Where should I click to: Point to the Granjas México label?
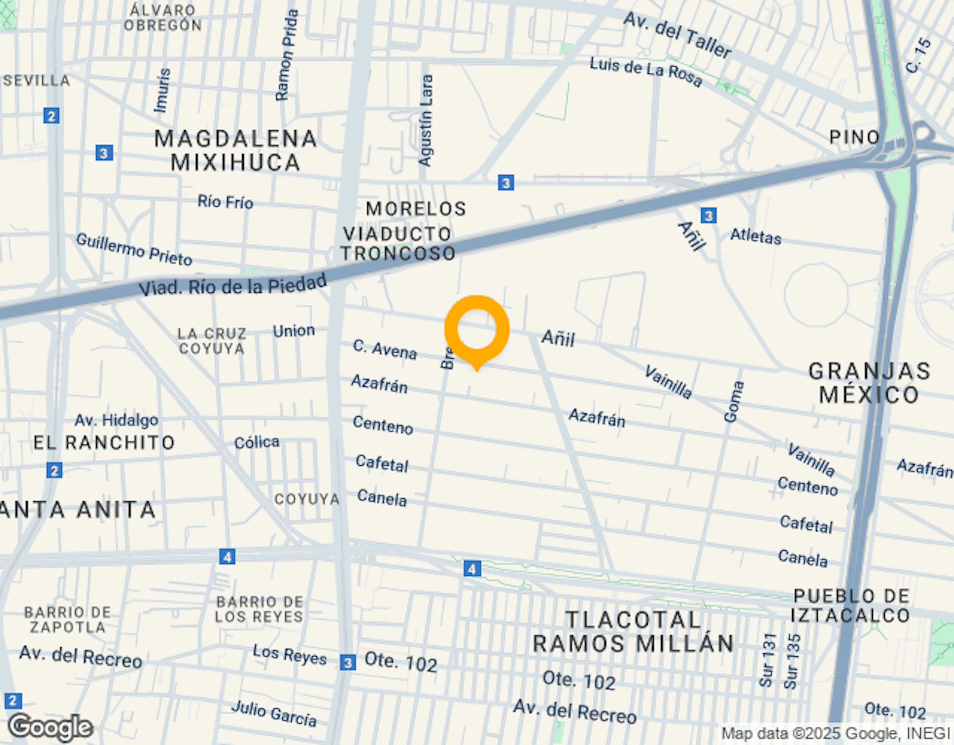point(869,383)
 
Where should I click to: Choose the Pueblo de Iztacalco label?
point(851,606)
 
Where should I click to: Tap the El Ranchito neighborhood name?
point(104,442)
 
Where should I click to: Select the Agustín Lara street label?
point(426,120)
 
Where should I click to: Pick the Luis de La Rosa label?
point(646,71)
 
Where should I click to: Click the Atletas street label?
point(756,236)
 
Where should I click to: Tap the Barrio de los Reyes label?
point(259,609)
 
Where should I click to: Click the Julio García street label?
point(274,713)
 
